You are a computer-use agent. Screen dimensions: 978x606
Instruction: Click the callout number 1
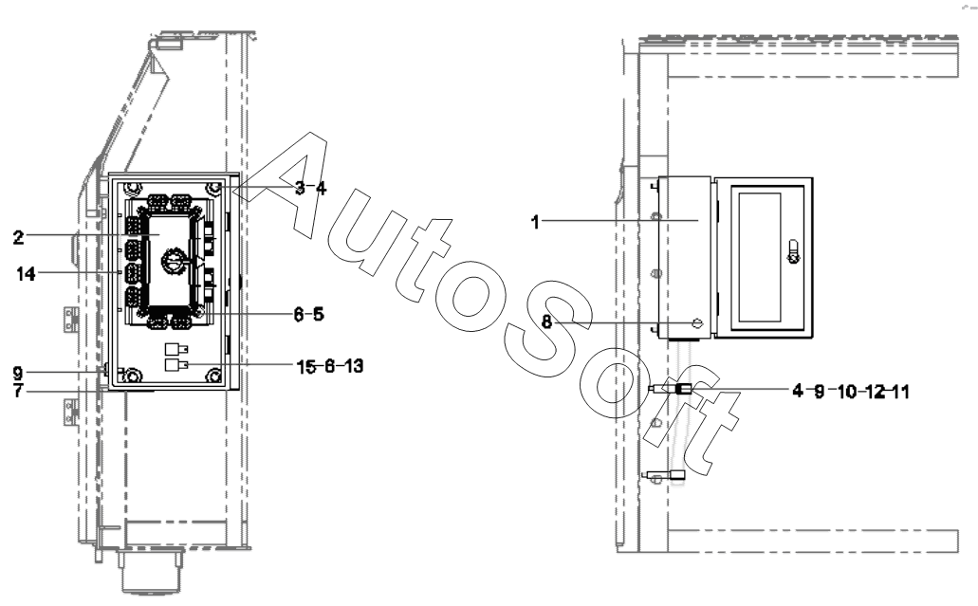click(x=535, y=222)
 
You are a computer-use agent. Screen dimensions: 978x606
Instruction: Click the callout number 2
click(x=18, y=237)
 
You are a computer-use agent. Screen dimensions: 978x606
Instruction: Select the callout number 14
click(x=26, y=274)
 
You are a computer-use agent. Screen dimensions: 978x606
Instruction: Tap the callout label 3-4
click(x=310, y=188)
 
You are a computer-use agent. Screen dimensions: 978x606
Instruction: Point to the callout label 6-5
click(x=308, y=314)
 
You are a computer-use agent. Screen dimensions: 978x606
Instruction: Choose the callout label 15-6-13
click(x=330, y=366)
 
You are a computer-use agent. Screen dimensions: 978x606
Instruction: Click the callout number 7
click(x=18, y=391)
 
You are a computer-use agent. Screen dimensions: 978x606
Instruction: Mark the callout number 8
click(x=546, y=322)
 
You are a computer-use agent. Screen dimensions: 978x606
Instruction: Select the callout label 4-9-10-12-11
click(x=851, y=392)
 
